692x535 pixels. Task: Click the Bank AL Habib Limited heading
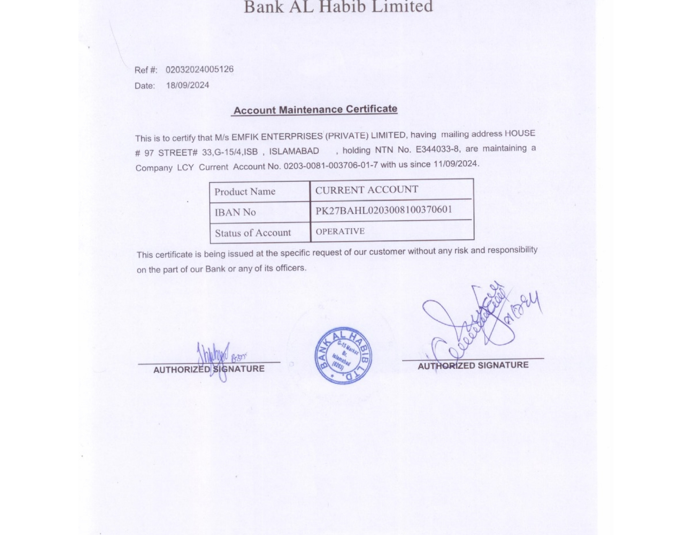tap(338, 6)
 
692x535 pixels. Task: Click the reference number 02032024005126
tap(199, 69)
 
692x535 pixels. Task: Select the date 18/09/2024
tap(187, 85)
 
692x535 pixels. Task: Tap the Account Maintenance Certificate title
tap(315, 110)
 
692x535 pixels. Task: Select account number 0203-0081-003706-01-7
tap(330, 165)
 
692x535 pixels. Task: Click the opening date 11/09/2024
tap(455, 164)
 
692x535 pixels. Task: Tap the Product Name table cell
tap(245, 192)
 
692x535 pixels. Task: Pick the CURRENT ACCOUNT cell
tap(367, 190)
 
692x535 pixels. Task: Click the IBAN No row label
tap(235, 212)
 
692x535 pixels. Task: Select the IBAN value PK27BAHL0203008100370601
tap(384, 210)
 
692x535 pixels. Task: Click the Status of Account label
tap(253, 233)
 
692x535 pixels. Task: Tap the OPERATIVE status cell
tap(340, 231)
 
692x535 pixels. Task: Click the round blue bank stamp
tap(343, 355)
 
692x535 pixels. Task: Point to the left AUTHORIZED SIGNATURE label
tap(209, 369)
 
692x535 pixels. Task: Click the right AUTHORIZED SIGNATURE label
tap(473, 365)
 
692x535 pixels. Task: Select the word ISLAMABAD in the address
tap(294, 151)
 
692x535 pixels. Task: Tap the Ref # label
tap(146, 70)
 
